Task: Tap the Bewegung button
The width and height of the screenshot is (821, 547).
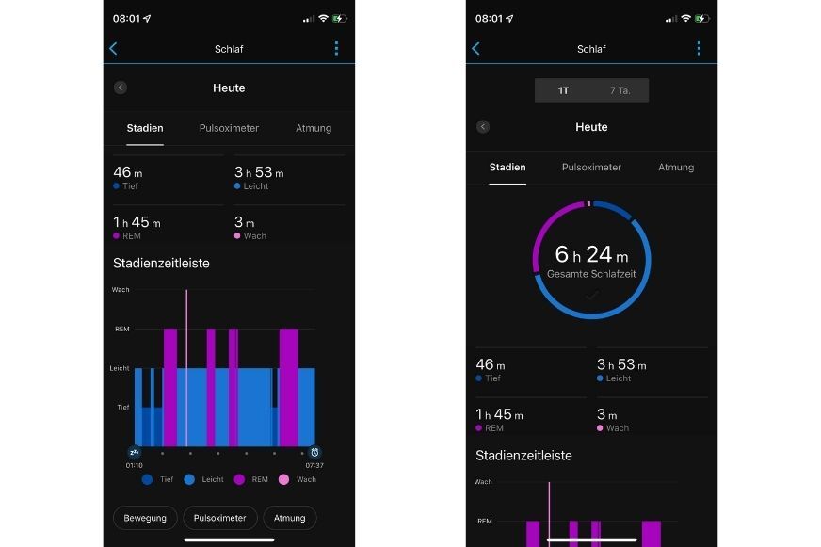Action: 145,518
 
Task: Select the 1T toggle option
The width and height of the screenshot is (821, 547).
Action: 563,90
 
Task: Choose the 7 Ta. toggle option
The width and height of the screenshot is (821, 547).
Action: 620,90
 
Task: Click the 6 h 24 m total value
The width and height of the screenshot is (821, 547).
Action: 591,254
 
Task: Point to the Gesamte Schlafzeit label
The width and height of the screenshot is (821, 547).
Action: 591,274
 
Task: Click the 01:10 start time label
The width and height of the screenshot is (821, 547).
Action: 135,465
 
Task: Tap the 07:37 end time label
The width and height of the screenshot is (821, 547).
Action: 314,465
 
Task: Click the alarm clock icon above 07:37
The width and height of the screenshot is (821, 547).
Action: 314,452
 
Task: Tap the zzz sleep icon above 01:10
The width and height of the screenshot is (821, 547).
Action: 135,452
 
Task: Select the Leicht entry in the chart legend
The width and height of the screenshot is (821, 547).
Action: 204,480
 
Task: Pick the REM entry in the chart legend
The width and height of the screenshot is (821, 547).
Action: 251,480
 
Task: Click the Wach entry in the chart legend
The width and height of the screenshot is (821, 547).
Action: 297,480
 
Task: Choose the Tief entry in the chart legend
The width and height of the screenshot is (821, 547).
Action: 158,480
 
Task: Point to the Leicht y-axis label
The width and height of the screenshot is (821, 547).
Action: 121,368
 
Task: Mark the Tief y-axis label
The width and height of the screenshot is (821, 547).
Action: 122,408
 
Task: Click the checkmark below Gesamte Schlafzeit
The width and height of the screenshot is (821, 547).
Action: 591,296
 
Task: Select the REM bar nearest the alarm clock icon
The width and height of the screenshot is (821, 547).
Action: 288,386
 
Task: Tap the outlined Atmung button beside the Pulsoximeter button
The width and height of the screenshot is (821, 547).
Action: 290,518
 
